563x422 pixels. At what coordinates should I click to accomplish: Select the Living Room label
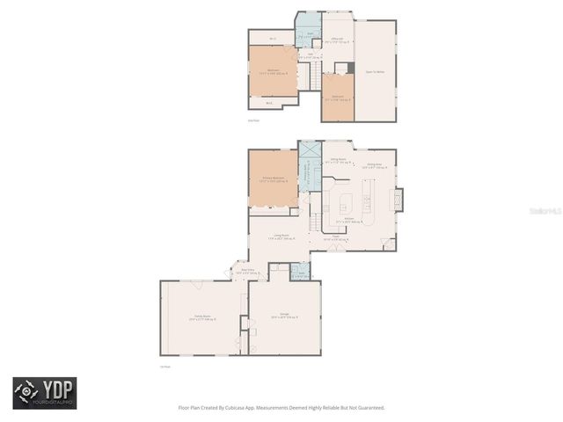coord(280,235)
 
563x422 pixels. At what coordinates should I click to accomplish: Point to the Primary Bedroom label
coord(273,178)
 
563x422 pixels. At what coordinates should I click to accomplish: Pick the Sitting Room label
coord(337,161)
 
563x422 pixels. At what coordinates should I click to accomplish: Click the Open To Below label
coord(375,72)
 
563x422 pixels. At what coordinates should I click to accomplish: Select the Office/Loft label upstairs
coord(336,39)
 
